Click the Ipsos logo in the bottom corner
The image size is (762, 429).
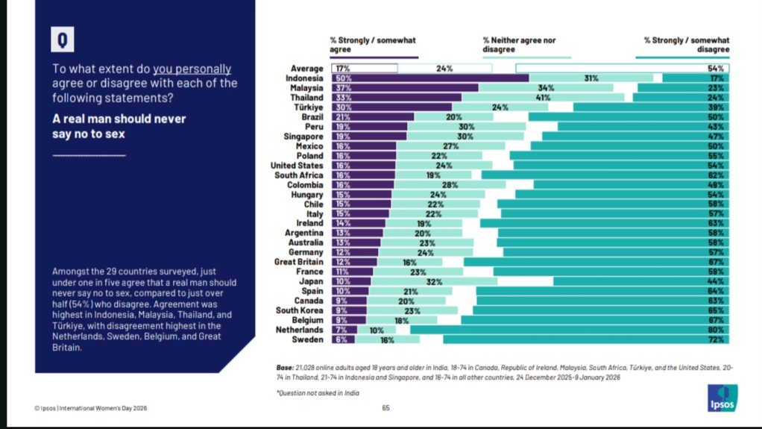click(722, 398)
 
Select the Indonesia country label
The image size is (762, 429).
click(304, 78)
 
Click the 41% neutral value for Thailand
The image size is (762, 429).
click(543, 97)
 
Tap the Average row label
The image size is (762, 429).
click(306, 69)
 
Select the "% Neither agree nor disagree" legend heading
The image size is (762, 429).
click(519, 45)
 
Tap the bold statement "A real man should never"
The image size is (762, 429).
click(119, 119)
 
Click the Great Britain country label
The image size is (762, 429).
click(299, 262)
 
